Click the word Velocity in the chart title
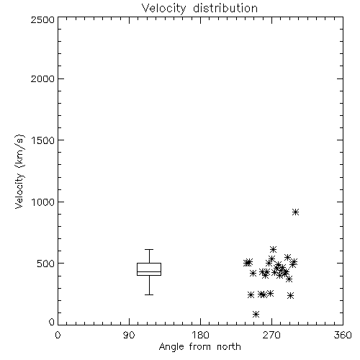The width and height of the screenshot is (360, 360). [163, 9]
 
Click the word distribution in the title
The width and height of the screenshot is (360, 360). [225, 8]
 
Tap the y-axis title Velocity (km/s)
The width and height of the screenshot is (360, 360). [19, 171]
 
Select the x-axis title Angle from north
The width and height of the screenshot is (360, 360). [199, 346]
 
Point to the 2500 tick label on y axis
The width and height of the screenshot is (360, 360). [42, 19]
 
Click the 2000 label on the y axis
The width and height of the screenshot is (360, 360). [42, 78]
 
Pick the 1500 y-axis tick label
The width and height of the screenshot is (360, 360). [43, 140]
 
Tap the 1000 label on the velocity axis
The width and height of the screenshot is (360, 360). [43, 202]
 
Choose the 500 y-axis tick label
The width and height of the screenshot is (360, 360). [46, 264]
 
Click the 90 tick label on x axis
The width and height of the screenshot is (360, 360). [129, 335]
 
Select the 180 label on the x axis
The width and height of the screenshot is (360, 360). [199, 335]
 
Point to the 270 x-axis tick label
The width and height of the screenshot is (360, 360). [271, 335]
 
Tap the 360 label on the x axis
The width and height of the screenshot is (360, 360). [343, 335]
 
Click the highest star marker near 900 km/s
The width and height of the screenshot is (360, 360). [295, 212]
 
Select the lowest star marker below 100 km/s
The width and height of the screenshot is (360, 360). [256, 314]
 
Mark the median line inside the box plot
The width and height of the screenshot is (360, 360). [149, 271]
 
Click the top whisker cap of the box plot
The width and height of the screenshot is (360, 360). [149, 250]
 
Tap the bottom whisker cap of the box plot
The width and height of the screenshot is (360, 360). [149, 294]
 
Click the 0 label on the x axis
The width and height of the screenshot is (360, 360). [58, 335]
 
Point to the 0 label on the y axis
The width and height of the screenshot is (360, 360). [52, 322]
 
